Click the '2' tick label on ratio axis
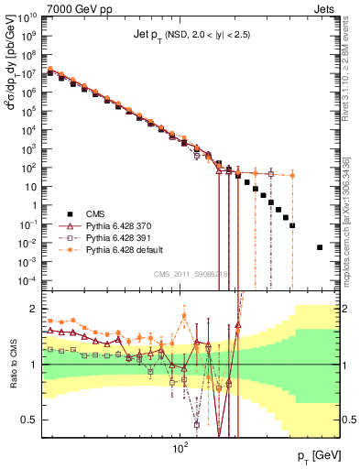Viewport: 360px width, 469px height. pyautogui.click(x=34, y=309)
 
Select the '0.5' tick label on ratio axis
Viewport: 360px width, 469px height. pyautogui.click(x=29, y=420)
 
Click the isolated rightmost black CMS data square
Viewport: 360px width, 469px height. pyautogui.click(x=320, y=247)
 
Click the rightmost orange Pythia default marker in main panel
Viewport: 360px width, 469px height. pyautogui.click(x=292, y=175)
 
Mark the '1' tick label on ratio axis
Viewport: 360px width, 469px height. pyautogui.click(x=34, y=365)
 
